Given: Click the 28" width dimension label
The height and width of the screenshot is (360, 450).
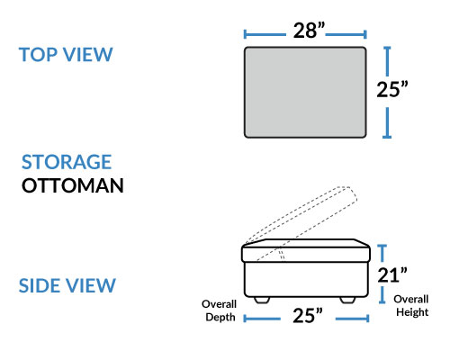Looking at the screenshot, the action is (x=309, y=31).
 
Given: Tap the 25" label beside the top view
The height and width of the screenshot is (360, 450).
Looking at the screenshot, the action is (x=392, y=89).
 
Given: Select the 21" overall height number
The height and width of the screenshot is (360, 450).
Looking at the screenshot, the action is (x=392, y=274).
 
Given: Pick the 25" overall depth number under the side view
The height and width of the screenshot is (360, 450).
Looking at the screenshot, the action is (x=308, y=315).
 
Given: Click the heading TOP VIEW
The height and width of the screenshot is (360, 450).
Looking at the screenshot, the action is (x=66, y=55).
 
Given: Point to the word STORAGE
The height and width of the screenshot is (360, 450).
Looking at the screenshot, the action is (x=67, y=162).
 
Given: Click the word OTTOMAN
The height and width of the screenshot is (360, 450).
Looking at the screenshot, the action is (x=73, y=185).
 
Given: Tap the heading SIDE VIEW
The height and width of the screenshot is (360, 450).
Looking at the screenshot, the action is (x=67, y=285).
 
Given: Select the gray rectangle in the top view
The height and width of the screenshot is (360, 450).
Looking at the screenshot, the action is (x=305, y=93).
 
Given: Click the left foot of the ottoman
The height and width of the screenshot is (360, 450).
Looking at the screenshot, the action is (x=262, y=300).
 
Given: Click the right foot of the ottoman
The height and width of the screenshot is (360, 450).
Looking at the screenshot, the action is (x=347, y=300).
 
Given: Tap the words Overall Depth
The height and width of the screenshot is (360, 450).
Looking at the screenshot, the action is (x=220, y=310).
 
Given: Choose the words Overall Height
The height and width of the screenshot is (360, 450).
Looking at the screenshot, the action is (x=411, y=306).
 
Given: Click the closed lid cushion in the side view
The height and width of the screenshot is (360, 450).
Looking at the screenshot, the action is (x=306, y=250).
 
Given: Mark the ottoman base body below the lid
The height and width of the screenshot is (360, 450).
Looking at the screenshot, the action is (x=306, y=280).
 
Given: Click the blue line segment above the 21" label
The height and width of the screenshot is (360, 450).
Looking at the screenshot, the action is (x=382, y=253).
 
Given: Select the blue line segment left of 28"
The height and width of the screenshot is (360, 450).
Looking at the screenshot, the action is (x=265, y=34).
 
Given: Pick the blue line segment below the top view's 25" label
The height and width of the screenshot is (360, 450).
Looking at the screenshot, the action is (x=387, y=122).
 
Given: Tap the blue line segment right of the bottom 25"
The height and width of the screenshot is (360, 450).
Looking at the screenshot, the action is (x=352, y=319).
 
